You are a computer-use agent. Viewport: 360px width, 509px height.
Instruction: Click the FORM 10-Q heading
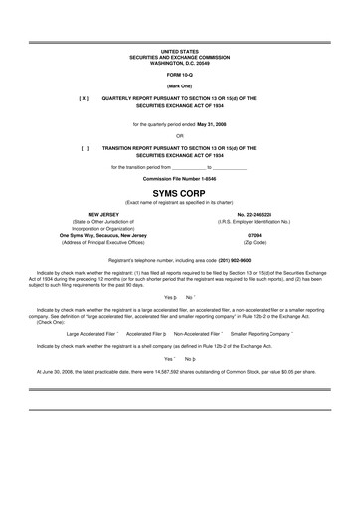pyautogui.click(x=179, y=75)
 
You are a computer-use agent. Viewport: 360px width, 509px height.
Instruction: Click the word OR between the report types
pyautogui.click(x=179, y=135)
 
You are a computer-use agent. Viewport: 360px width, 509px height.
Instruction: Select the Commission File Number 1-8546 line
pyautogui.click(x=179, y=179)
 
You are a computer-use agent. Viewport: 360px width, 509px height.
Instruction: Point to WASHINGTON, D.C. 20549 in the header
pyautogui.click(x=179, y=63)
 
